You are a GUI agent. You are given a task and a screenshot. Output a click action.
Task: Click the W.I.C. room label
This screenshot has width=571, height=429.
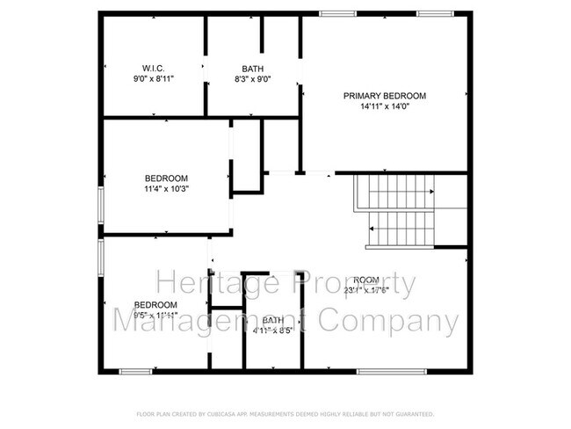154,69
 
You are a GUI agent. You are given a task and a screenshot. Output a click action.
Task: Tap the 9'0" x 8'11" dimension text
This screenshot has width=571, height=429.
154,79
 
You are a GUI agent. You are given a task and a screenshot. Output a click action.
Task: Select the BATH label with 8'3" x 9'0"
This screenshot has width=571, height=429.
253,69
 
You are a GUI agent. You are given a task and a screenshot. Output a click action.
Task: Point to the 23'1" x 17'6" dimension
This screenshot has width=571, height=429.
367,289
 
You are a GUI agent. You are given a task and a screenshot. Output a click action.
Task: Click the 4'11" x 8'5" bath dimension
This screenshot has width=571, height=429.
272,331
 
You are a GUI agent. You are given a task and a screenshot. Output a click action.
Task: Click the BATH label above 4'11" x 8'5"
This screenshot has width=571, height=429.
272,320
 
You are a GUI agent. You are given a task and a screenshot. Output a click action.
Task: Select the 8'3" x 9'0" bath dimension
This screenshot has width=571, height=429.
253,79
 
